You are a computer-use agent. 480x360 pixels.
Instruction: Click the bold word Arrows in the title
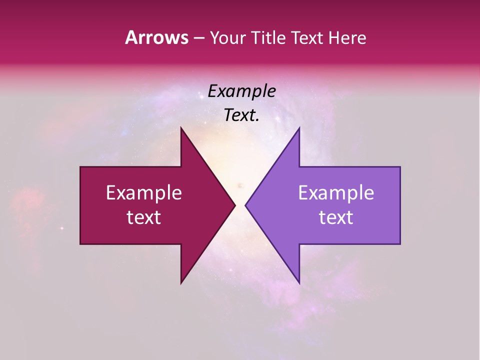[x=156, y=37]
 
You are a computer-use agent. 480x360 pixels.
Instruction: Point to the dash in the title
[x=198, y=38]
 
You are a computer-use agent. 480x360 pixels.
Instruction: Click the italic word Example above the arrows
[x=241, y=91]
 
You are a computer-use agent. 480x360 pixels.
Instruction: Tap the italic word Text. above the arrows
[x=241, y=115]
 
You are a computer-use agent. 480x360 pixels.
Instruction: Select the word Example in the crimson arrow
[x=144, y=193]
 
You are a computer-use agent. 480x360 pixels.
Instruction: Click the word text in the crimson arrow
[x=144, y=217]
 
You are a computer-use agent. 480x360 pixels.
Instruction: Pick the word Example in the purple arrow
[x=336, y=193]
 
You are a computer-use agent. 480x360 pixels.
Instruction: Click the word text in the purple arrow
[x=336, y=217]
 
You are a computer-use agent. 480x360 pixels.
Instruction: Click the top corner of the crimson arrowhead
[x=181, y=128]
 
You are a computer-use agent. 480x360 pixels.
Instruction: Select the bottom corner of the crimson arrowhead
[x=181, y=282]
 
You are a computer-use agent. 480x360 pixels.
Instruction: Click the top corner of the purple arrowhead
[x=299, y=128]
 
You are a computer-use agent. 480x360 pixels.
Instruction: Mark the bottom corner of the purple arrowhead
[x=299, y=282]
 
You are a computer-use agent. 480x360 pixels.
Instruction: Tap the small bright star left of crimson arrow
[x=62, y=228]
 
